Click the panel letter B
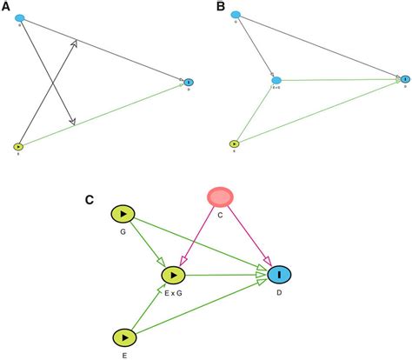220,8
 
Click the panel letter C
90,200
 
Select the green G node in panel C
124,214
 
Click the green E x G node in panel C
176,276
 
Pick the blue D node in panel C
279,276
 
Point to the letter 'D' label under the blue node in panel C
279,293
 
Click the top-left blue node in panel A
20,18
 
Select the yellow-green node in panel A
18,146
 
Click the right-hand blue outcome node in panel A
189,82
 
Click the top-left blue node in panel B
235,15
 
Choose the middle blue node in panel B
276,80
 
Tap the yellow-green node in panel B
234,144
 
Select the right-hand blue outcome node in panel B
404,79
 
